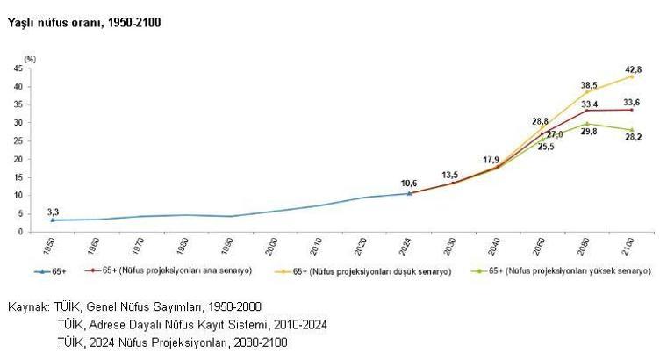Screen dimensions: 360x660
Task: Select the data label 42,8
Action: [x=634, y=68]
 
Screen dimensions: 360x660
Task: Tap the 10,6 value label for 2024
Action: [x=408, y=184]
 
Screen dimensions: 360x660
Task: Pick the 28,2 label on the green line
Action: [x=633, y=137]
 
